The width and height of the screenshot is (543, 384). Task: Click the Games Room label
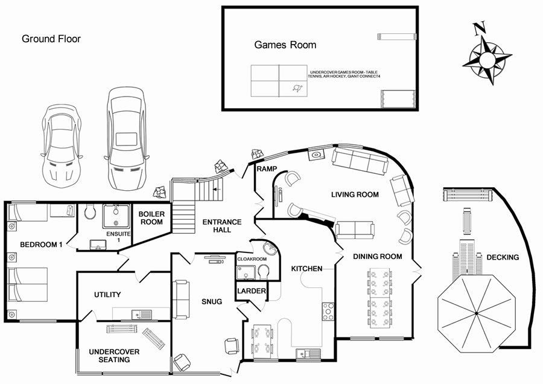pos(285,45)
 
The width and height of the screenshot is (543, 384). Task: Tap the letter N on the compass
pos(479,28)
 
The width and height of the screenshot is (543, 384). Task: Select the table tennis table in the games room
pos(279,81)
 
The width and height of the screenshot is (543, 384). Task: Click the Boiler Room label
pos(151,218)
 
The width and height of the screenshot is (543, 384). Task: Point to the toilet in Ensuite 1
pos(90,211)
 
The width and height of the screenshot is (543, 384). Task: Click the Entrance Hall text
pos(222,226)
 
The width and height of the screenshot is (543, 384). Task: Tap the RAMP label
pos(267,169)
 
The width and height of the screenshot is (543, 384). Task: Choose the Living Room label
pos(355,194)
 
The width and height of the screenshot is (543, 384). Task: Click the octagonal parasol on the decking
pos(477,313)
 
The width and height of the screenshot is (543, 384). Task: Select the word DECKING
pos(503,257)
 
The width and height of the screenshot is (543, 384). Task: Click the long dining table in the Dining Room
pos(380,298)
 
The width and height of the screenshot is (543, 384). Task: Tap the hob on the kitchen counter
pos(328,311)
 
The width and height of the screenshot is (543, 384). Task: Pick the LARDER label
pos(252,291)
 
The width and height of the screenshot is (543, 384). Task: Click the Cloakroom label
pos(252,259)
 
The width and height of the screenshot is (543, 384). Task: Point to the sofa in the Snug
pos(181,299)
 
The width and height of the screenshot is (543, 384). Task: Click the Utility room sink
pos(142,315)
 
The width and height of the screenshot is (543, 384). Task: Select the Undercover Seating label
pos(114,356)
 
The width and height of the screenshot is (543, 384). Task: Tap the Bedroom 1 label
pos(41,245)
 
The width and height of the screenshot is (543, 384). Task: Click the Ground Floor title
pos(51,39)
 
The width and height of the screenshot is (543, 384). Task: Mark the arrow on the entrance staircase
pos(217,189)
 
